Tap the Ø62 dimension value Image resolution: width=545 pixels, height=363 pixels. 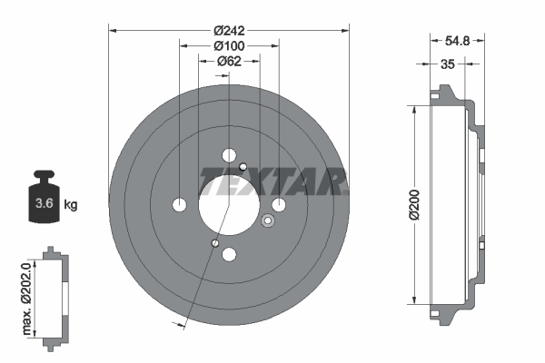(x=228, y=62)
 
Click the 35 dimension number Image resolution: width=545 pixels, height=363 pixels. (x=447, y=65)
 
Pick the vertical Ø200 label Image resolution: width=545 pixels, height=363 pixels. (x=413, y=204)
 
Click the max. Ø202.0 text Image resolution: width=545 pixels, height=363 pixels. (x=26, y=295)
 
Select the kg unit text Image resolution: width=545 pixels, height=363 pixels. (x=71, y=204)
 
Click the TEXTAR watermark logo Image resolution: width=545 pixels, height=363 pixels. (x=272, y=181)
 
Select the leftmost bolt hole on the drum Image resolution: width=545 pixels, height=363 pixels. (x=180, y=204)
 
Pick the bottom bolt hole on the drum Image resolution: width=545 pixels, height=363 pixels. (x=229, y=255)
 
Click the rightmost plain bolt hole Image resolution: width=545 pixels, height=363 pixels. (x=279, y=204)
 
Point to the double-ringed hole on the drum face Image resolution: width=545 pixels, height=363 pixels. (x=268, y=221)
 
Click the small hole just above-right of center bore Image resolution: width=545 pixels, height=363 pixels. (x=243, y=166)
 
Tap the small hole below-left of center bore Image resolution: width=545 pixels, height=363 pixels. (x=213, y=242)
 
